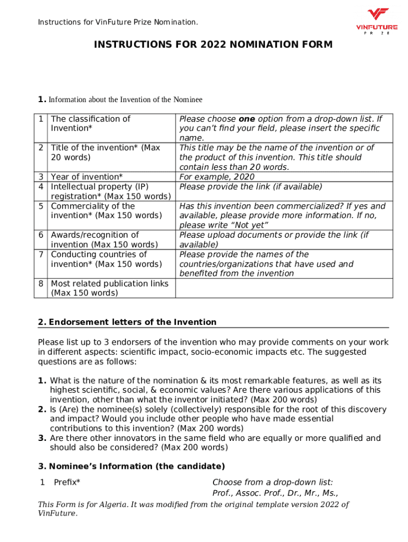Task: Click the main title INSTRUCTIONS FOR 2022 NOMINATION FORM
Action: point(213,44)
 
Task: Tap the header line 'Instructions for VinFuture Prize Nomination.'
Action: point(118,22)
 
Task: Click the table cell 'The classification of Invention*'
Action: point(90,123)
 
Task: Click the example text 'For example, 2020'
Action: point(217,177)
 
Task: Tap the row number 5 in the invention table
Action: point(41,206)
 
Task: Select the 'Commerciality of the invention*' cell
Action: point(106,211)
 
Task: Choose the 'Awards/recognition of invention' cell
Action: point(104,239)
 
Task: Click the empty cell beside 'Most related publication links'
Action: point(283,288)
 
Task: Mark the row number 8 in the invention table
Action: point(41,284)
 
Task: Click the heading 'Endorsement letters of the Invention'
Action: point(132,322)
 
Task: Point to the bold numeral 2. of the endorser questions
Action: point(42,410)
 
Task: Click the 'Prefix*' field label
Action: point(67,482)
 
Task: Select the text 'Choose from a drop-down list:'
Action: point(272,482)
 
